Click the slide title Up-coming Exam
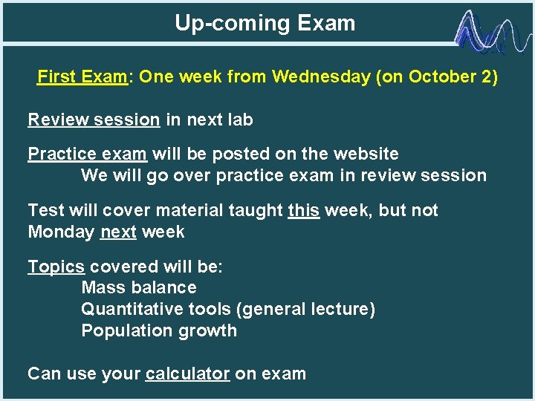(x=265, y=23)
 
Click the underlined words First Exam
(x=82, y=77)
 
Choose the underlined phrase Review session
(x=94, y=120)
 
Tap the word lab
(x=240, y=120)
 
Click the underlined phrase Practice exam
(x=87, y=154)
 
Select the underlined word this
(x=303, y=211)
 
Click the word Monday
(x=61, y=232)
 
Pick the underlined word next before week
(x=118, y=232)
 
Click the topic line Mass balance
(x=139, y=288)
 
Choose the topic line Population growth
(x=159, y=331)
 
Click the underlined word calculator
(x=187, y=374)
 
